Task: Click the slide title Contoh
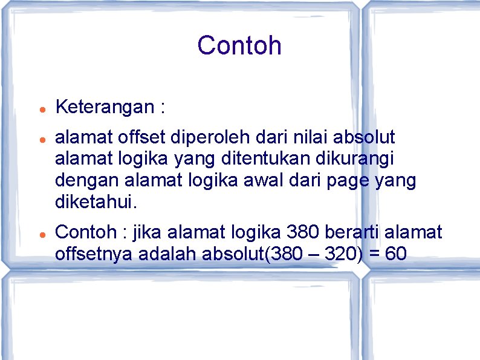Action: coord(239,45)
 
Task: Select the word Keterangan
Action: coord(105,107)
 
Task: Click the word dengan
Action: coord(86,182)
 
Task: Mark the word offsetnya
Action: coord(94,254)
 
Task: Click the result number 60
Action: coord(395,254)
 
